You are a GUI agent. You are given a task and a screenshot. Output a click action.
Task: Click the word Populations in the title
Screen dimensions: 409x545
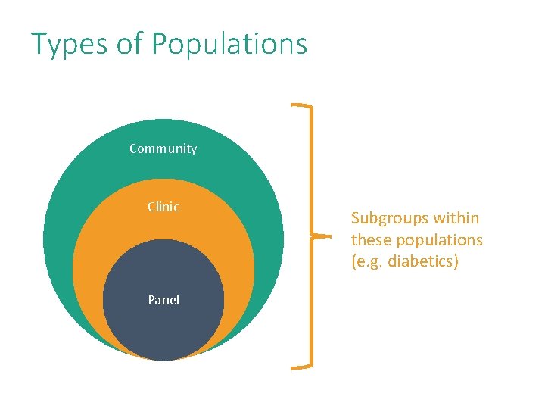(229, 45)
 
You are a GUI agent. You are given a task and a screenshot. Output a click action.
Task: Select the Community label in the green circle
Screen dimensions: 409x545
(163, 148)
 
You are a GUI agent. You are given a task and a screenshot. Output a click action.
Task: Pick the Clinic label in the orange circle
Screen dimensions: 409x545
(163, 207)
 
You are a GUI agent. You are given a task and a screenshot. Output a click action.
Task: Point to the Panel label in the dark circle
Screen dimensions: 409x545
(163, 300)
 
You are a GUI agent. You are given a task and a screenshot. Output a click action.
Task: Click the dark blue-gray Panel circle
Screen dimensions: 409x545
(163, 326)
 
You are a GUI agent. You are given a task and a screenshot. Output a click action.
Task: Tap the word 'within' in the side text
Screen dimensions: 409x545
(457, 218)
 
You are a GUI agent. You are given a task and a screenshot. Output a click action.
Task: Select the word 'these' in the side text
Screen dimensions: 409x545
(369, 240)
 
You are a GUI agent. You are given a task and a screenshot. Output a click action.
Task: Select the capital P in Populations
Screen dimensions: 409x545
(160, 44)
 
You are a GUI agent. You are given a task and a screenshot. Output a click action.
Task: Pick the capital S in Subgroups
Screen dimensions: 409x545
(356, 218)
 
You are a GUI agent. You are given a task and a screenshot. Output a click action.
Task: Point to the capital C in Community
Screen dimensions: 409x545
(134, 148)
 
